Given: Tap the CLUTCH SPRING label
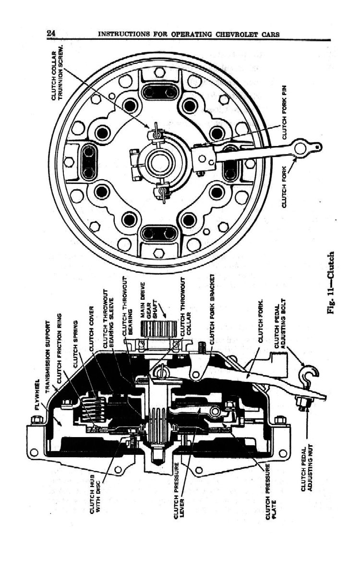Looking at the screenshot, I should coord(75,343).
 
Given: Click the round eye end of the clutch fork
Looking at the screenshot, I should coord(301,148).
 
